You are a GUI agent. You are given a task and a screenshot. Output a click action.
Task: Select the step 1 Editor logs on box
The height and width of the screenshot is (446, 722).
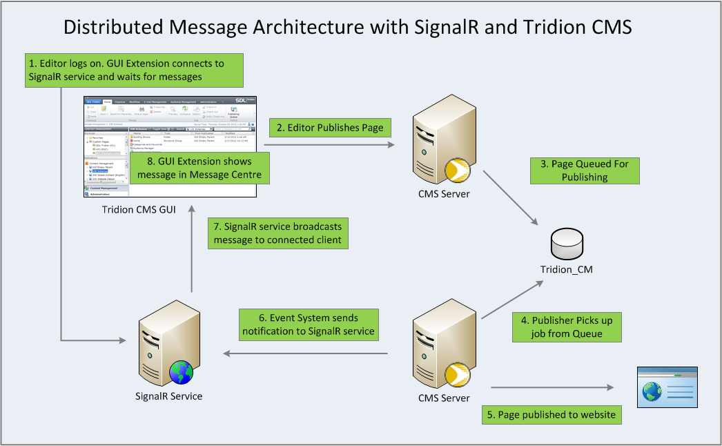coord(135,70)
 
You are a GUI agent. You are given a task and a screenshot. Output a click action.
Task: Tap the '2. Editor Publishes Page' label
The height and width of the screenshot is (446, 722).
coord(330,128)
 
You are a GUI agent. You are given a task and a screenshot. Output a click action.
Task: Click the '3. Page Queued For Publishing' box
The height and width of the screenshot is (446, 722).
coord(585,171)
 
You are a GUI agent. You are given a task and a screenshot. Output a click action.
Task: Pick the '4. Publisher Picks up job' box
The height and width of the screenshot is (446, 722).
coord(567,327)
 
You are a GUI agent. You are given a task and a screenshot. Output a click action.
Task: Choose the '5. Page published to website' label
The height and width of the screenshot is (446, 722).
coord(551,414)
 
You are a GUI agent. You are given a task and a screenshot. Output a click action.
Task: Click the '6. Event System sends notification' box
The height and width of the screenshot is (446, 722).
coord(309,324)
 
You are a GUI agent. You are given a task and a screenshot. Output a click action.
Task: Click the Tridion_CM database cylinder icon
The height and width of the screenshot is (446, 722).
coord(563,246)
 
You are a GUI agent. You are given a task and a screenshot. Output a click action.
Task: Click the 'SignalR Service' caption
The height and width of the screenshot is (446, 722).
coord(169,396)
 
